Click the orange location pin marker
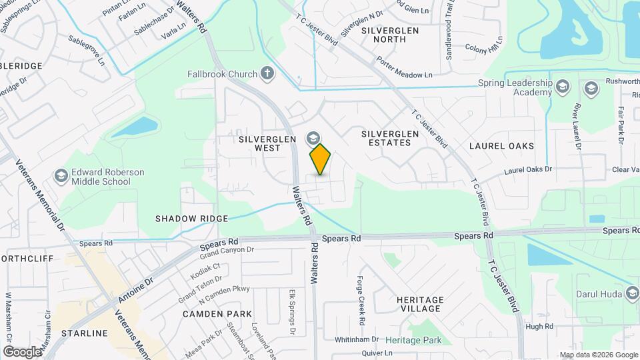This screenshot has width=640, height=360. [321, 159]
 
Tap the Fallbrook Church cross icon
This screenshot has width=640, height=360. [267, 73]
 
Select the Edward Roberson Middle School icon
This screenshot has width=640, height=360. [61, 176]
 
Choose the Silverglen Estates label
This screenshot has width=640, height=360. [390, 138]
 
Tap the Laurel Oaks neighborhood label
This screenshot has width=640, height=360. [501, 145]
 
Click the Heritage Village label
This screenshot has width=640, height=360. [419, 304]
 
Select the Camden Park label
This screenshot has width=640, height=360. [219, 313]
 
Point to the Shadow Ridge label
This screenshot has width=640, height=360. [191, 219]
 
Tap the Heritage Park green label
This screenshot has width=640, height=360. [413, 340]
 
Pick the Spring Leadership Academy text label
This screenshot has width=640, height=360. [515, 88]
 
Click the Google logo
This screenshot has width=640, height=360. [22, 351]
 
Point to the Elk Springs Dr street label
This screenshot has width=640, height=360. [292, 311]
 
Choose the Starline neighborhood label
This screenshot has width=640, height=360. [84, 333]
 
